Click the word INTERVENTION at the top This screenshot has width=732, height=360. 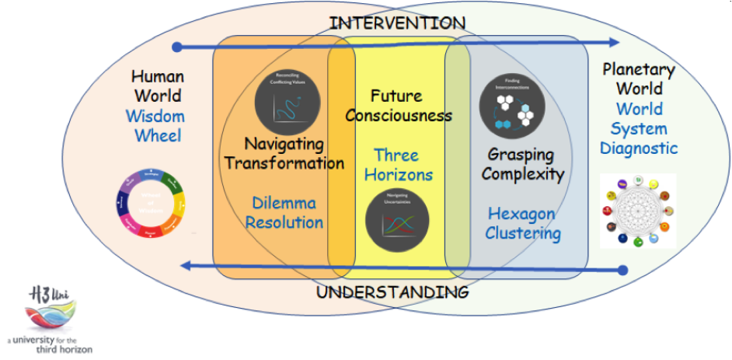point(397,23)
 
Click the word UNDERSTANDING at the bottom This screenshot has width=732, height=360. point(392,293)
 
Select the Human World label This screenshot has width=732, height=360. point(158,86)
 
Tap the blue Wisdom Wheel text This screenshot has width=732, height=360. point(158,127)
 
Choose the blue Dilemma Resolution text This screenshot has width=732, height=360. point(284,212)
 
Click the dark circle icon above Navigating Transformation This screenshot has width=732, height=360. point(287,101)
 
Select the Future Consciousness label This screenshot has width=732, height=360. point(398,106)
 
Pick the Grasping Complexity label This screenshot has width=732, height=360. point(521,163)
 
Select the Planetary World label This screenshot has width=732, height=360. point(639,79)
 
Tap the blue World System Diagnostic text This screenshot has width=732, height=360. point(639,128)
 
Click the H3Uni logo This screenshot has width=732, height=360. point(48,320)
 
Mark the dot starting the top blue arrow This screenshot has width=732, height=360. point(177,47)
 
